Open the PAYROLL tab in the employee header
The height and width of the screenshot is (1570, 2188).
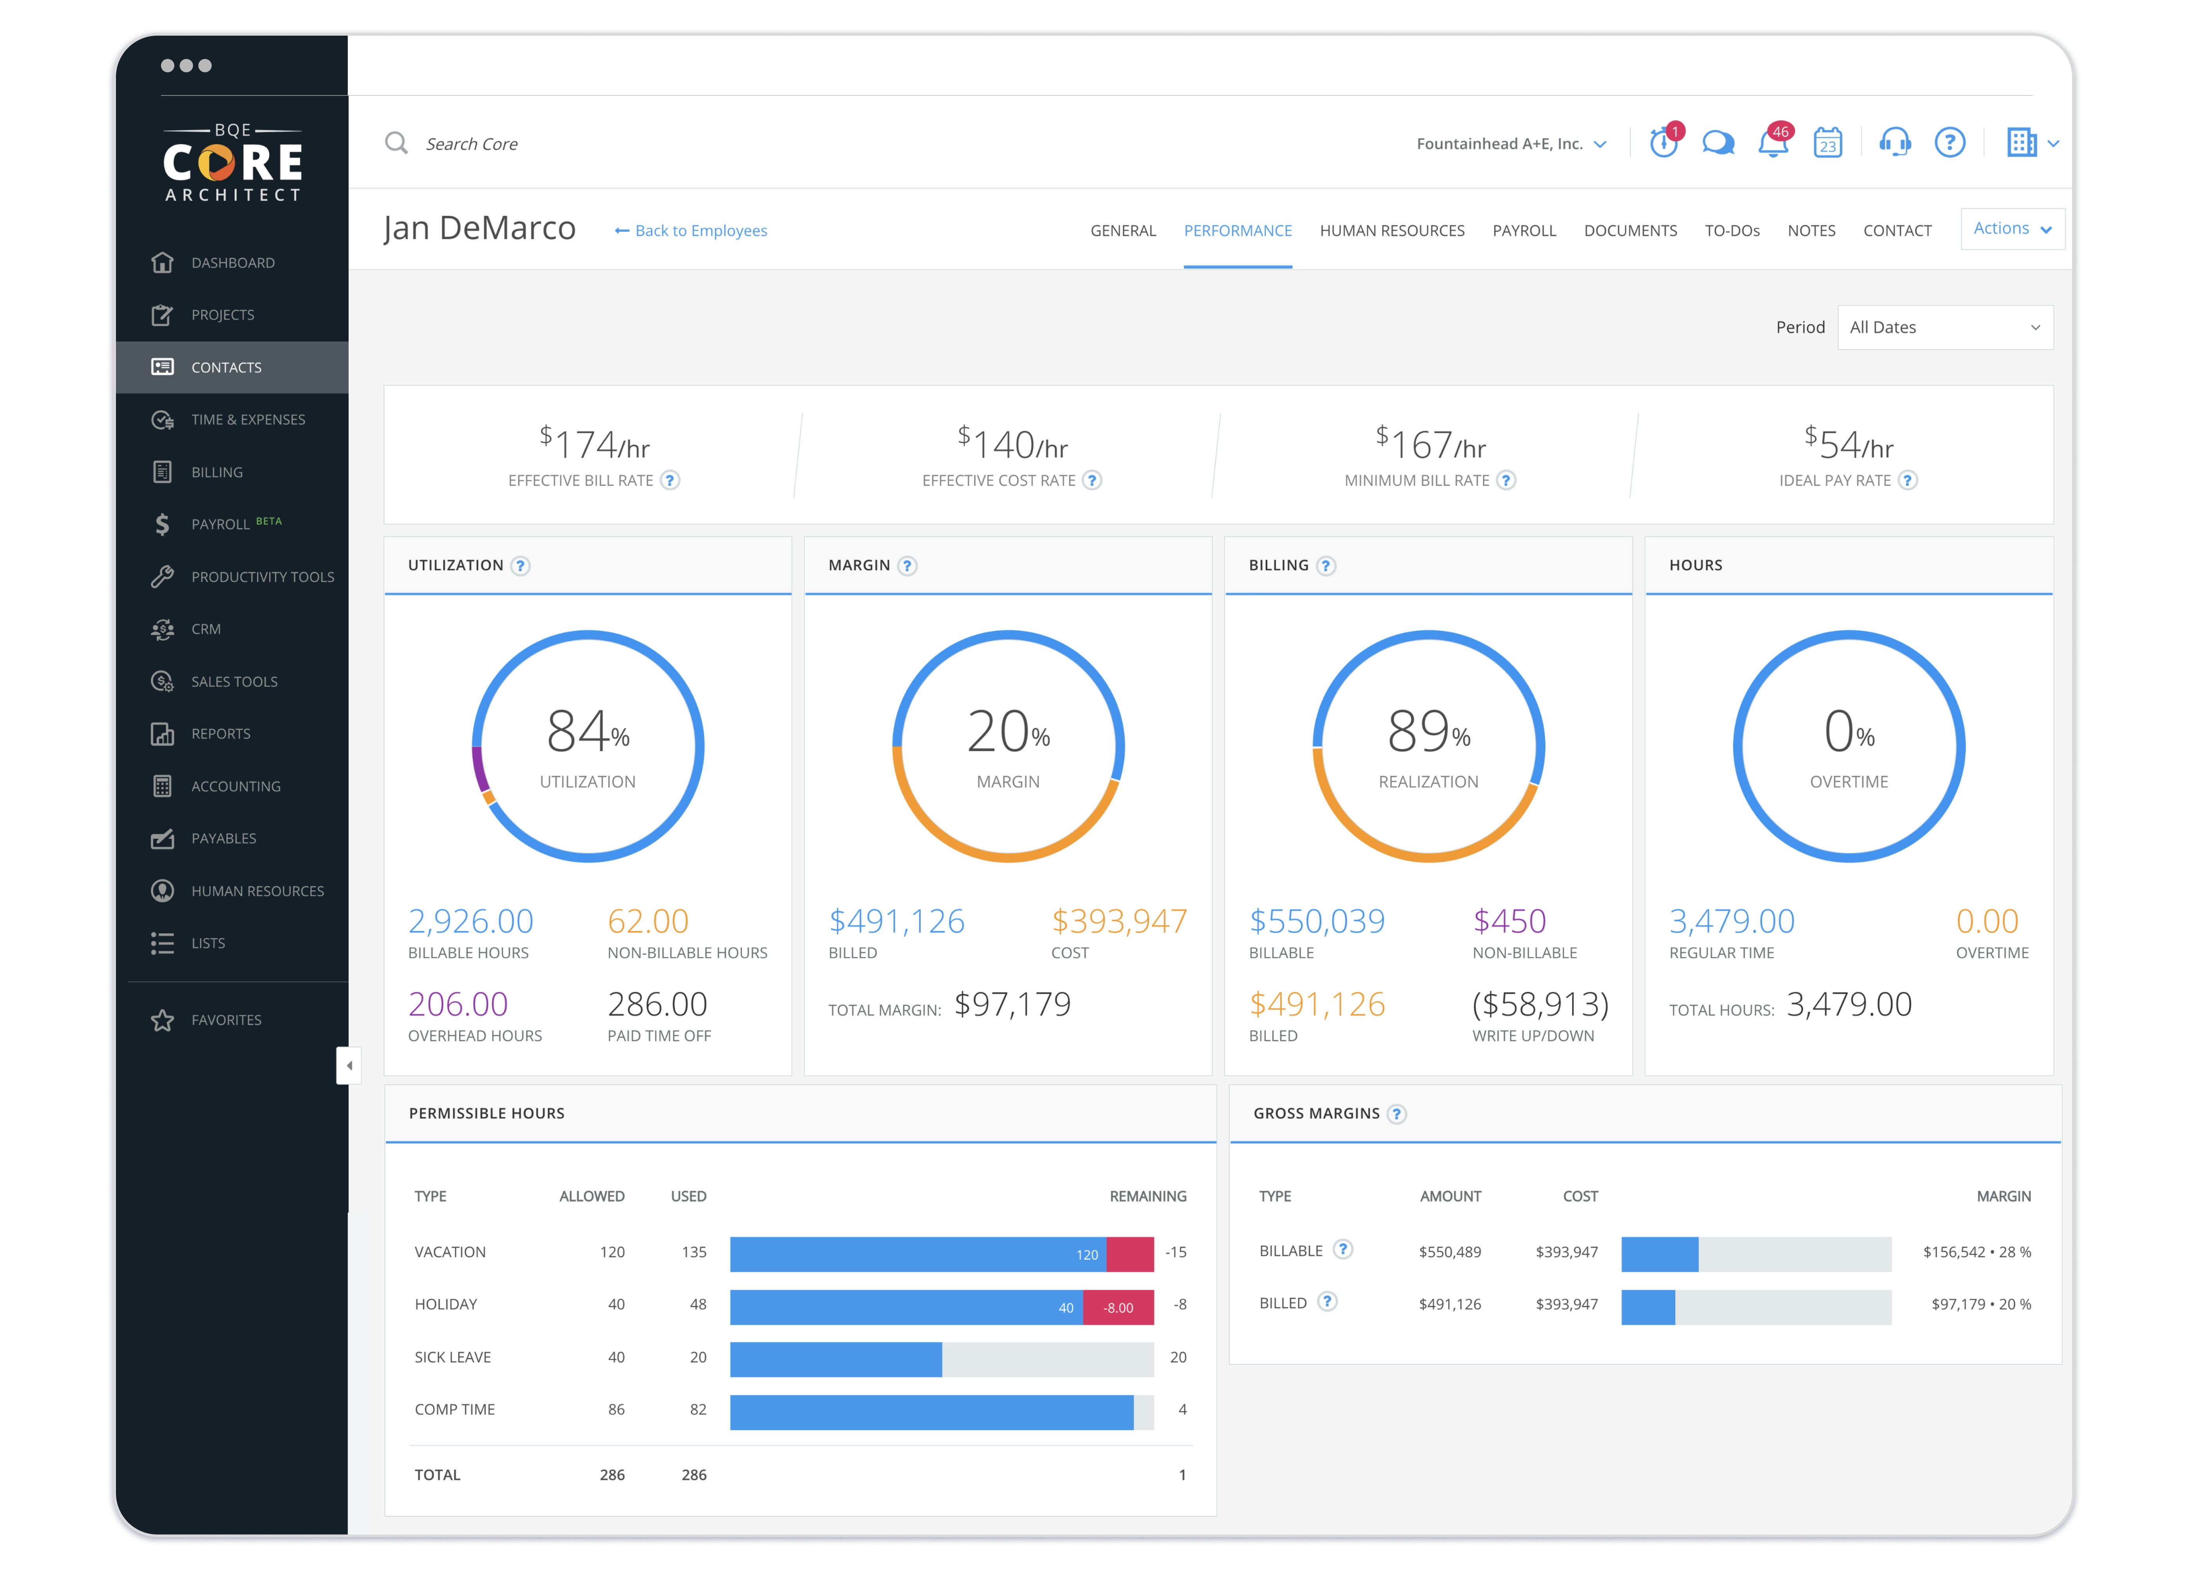click(x=1523, y=231)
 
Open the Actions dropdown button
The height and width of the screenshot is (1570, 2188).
click(x=2011, y=229)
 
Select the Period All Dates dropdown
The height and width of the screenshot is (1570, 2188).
click(x=1944, y=327)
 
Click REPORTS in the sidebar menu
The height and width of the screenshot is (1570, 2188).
click(x=220, y=733)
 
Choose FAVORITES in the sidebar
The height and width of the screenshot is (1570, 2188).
click(x=226, y=1020)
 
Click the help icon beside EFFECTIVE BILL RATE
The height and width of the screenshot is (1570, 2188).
click(x=670, y=480)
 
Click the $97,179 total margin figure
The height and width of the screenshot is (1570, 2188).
click(x=1012, y=1005)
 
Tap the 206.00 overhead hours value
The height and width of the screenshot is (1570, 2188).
click(x=457, y=1005)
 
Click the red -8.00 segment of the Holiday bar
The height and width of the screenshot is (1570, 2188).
click(x=1118, y=1307)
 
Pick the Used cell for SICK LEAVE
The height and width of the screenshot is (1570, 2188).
click(x=697, y=1357)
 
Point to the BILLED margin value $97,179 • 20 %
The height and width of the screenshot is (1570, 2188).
click(x=1980, y=1304)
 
